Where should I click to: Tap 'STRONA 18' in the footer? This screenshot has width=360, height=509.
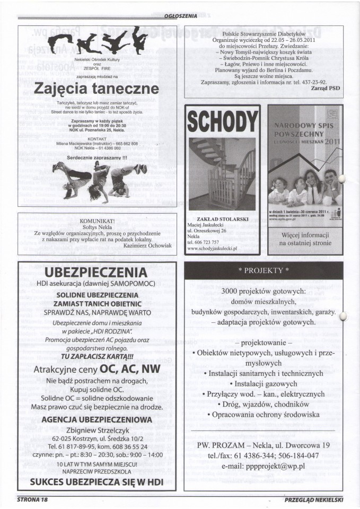pos(33,499)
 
